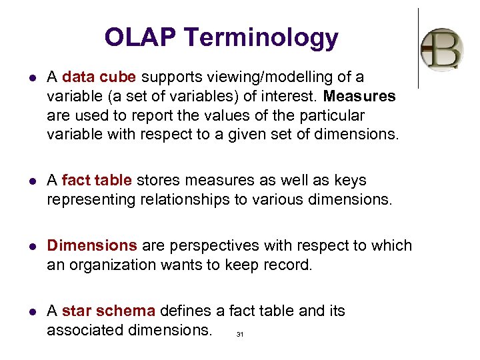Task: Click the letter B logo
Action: tap(442, 49)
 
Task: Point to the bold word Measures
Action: tap(359, 96)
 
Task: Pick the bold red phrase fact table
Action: tap(98, 180)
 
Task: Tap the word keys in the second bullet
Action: tap(351, 180)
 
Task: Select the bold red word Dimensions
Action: tap(92, 245)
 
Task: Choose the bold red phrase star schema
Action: tap(109, 311)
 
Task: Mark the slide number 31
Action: tap(240, 335)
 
